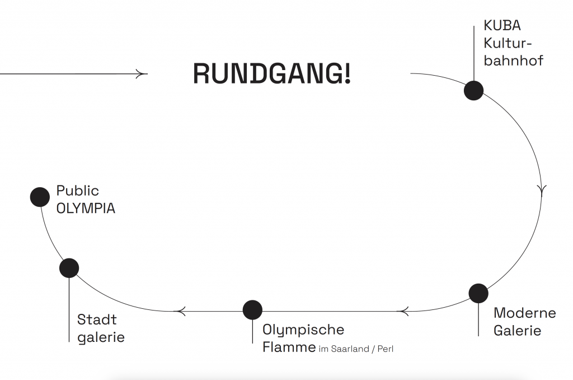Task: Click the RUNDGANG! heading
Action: (272, 74)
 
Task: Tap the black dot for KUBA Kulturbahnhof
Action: (473, 90)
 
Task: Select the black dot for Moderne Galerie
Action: (478, 293)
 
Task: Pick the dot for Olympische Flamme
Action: (252, 310)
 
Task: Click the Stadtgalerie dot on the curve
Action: (69, 268)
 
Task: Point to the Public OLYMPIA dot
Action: (40, 197)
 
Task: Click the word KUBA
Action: (502, 26)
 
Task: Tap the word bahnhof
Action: (513, 61)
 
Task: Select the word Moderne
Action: (524, 313)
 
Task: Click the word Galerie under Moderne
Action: (517, 330)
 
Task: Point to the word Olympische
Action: (303, 330)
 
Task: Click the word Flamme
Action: (289, 347)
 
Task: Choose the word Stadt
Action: (97, 319)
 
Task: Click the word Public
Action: (78, 191)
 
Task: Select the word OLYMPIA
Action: (86, 208)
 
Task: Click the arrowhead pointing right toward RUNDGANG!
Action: (140, 73)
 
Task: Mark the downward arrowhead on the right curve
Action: (541, 189)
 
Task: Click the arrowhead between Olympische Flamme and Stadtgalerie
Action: (180, 310)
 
